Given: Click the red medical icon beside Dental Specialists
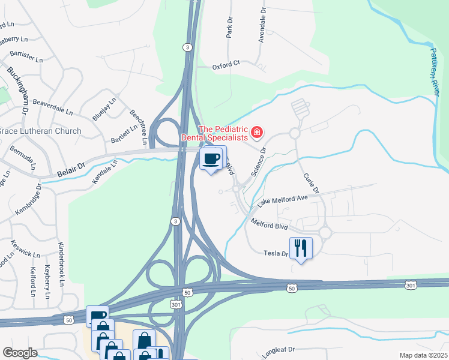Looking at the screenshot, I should (257, 132).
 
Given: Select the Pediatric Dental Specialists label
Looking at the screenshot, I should (223, 133).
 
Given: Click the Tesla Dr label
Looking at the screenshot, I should (276, 254).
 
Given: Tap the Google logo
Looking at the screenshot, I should (19, 353).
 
